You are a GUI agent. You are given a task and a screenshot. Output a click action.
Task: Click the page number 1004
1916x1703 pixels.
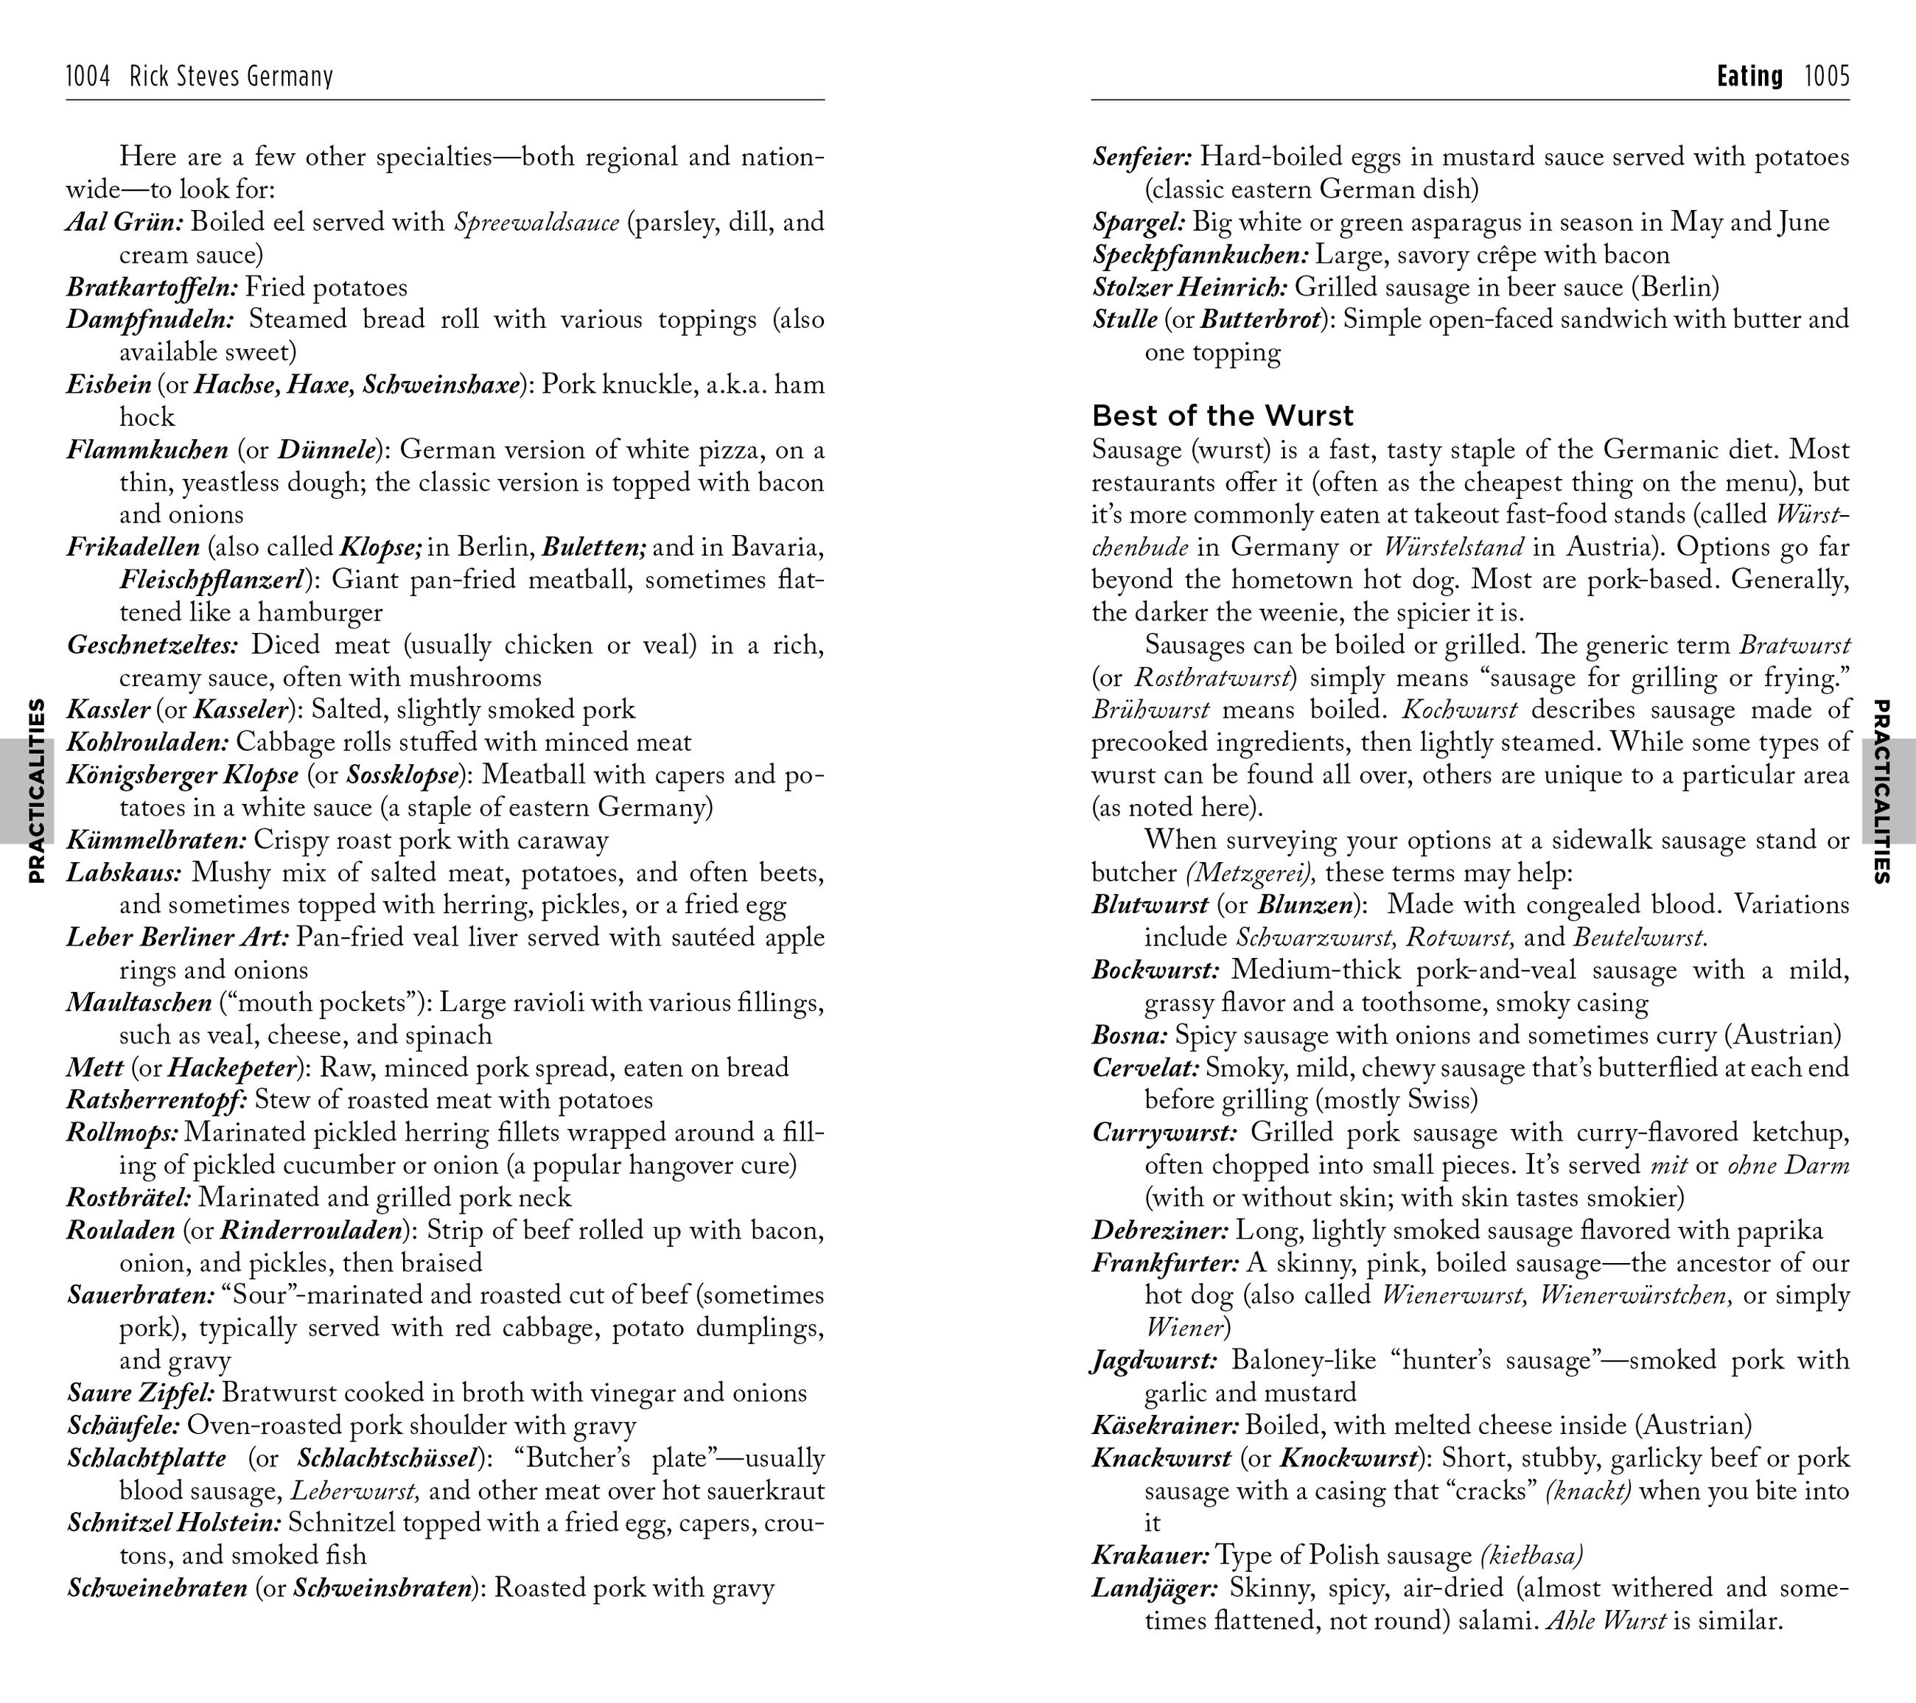click(x=88, y=76)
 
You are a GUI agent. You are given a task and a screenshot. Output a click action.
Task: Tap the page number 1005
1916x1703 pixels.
click(x=1827, y=76)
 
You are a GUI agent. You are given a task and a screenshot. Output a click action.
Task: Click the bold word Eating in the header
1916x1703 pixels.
click(x=1749, y=76)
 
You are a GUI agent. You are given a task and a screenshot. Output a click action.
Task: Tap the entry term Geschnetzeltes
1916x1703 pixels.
click(x=153, y=645)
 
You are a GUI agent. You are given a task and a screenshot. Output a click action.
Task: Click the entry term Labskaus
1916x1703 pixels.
click(x=124, y=873)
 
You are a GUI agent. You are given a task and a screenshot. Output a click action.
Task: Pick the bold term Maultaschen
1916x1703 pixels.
click(x=139, y=1003)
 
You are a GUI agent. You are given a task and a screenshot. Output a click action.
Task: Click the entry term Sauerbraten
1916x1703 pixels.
click(x=141, y=1295)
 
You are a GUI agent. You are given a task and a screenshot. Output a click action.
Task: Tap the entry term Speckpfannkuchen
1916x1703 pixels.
click(x=1200, y=255)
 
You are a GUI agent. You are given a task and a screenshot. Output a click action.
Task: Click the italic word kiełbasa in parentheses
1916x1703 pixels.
click(x=1531, y=1556)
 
